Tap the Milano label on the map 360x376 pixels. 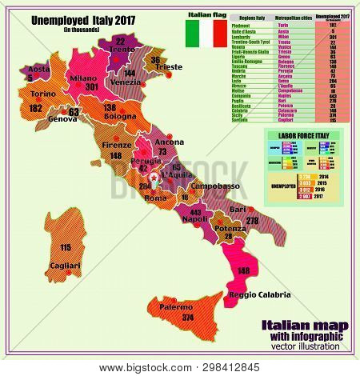(x=82, y=77)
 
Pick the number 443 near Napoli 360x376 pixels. (x=195, y=212)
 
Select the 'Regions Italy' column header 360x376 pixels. (x=238, y=16)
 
